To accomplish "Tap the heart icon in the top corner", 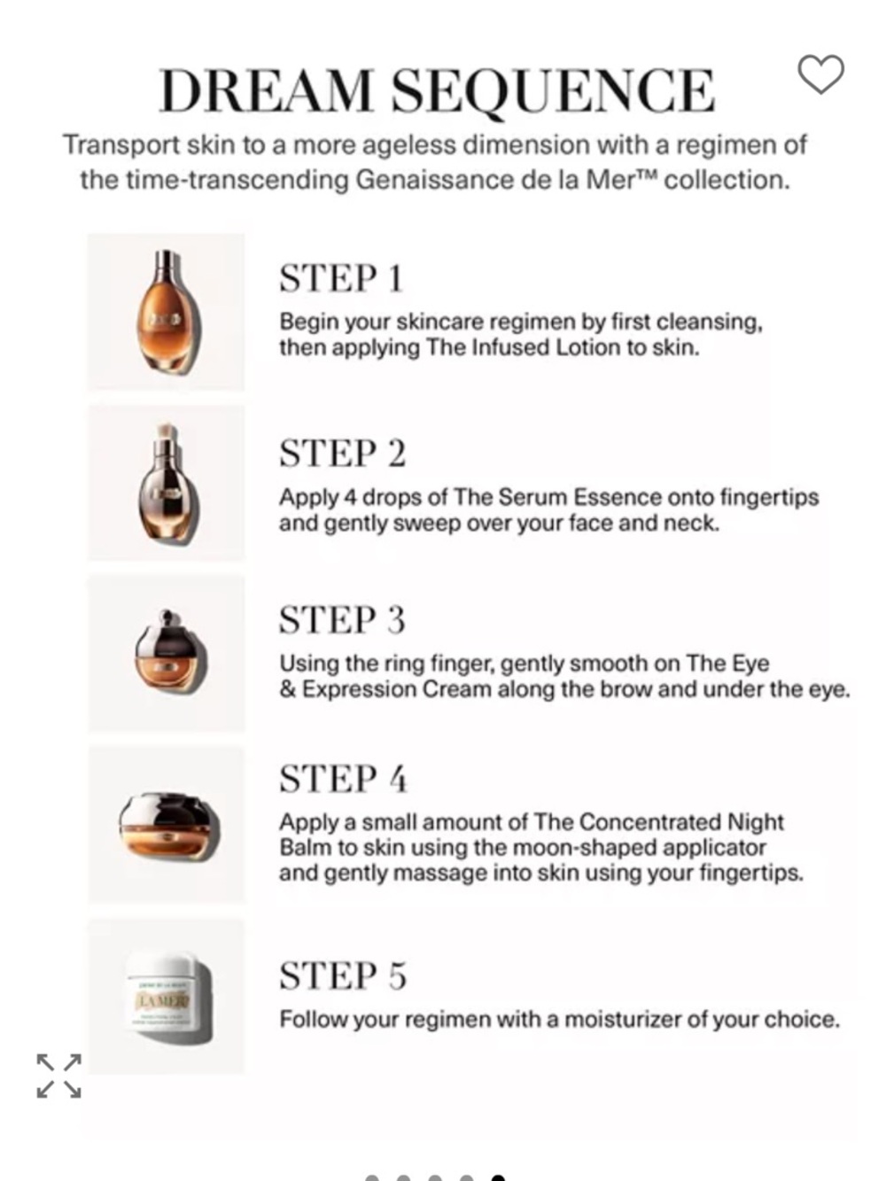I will point(821,74).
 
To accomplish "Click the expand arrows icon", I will point(59,1076).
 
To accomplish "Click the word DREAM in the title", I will point(266,90).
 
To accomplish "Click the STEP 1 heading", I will point(341,278).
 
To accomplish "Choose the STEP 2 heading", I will point(343,454).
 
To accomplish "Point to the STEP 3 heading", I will point(343,620).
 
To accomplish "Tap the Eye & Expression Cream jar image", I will point(168,654).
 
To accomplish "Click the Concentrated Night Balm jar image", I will point(168,825).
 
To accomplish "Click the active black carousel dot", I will point(498,1177).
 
